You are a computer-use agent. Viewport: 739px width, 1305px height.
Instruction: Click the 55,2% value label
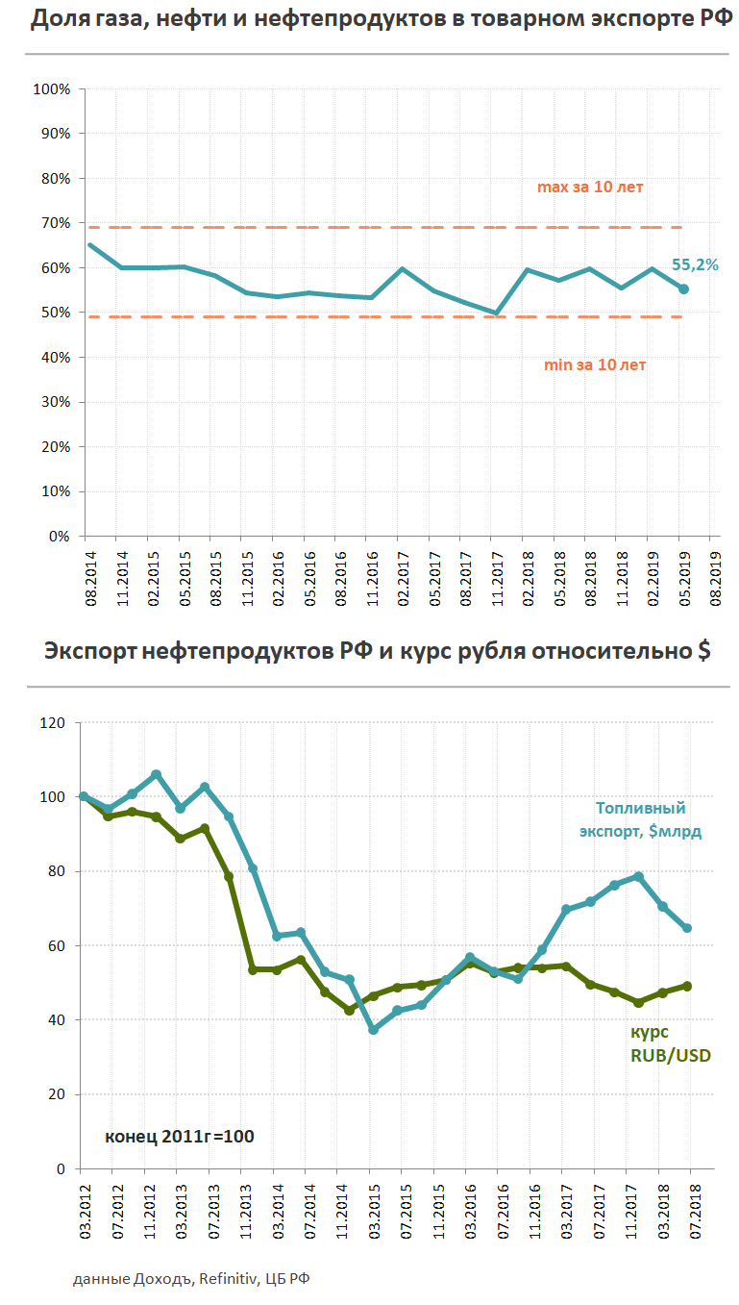point(695,264)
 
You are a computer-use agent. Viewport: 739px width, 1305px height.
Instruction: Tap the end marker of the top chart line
point(683,289)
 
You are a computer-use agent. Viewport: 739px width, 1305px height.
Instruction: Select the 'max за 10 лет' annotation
point(589,188)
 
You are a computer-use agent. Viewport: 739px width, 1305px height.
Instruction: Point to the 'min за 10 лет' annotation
point(595,365)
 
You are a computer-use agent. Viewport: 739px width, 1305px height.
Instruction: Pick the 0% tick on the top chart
point(59,537)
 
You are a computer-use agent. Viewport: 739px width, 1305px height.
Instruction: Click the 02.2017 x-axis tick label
point(403,577)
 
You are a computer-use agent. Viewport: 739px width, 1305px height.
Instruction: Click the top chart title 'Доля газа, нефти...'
point(369,19)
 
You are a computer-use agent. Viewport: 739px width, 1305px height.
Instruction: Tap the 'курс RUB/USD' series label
point(670,1043)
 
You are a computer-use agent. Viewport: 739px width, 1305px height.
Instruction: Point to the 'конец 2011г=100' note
point(179,1137)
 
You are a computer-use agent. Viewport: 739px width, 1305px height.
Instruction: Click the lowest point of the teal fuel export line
point(373,1030)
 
